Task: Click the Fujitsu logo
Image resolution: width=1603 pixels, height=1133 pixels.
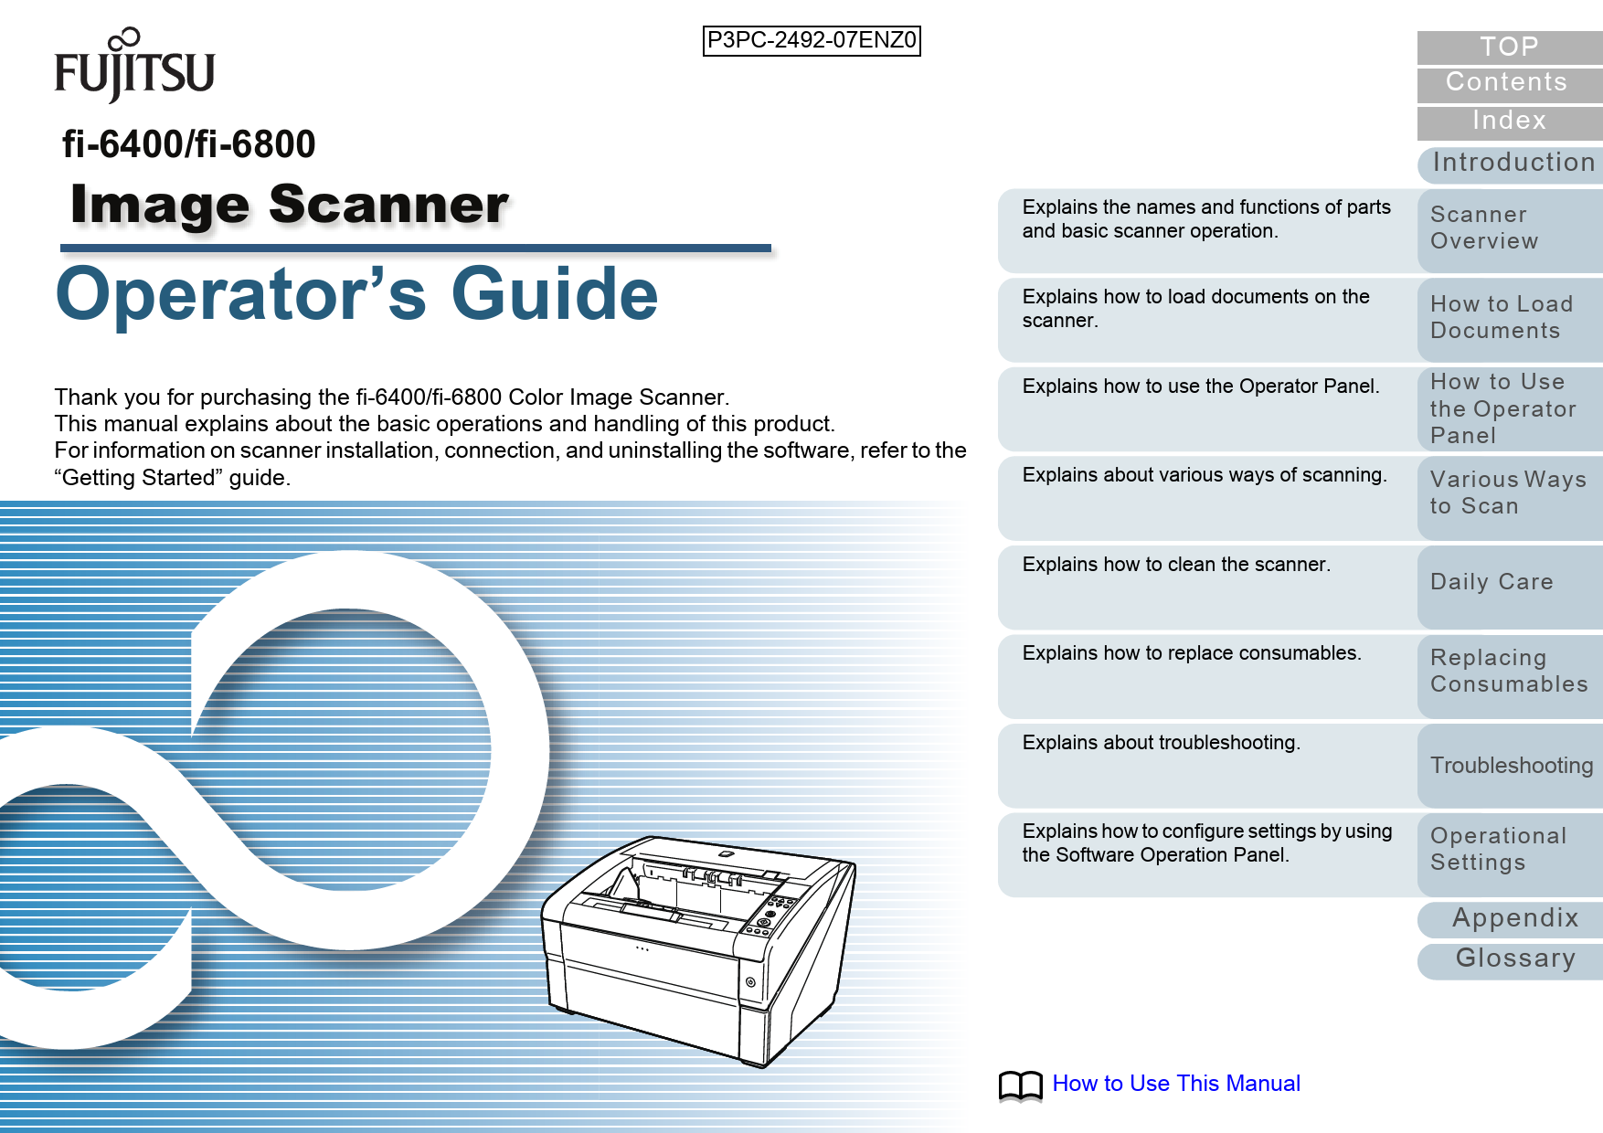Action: pos(134,66)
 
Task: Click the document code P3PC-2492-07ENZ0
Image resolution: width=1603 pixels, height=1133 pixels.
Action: pos(812,40)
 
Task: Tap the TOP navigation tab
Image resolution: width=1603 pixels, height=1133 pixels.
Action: pos(1509,47)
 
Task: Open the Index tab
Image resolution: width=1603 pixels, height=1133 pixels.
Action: pos(1509,121)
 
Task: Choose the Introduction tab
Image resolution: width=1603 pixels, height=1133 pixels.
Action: pos(1513,163)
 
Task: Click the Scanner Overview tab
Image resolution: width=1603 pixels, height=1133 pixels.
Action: pos(1508,228)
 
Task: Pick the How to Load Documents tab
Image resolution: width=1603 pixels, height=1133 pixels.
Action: pos(1508,317)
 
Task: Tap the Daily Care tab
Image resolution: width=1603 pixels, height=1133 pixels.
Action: pos(1508,582)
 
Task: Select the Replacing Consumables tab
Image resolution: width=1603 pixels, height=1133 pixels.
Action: pos(1508,671)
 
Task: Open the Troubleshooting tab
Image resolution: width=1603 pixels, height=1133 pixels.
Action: pos(1511,765)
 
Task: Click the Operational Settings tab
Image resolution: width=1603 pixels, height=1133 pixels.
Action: pos(1508,849)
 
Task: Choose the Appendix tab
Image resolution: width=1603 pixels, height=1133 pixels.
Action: pos(1514,917)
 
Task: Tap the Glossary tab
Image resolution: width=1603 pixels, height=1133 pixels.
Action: pos(1514,958)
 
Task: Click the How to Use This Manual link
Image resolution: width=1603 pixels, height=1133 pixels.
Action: pos(1176,1084)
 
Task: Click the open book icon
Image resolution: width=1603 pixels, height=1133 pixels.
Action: pos(1020,1085)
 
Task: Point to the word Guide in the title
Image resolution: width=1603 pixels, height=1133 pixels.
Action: pos(555,294)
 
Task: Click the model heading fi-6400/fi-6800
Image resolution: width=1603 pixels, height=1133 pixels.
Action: pos(188,144)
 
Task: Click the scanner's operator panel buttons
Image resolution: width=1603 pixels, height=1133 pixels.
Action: pos(769,915)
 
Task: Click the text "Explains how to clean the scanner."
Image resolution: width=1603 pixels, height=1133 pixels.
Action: pos(1176,565)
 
